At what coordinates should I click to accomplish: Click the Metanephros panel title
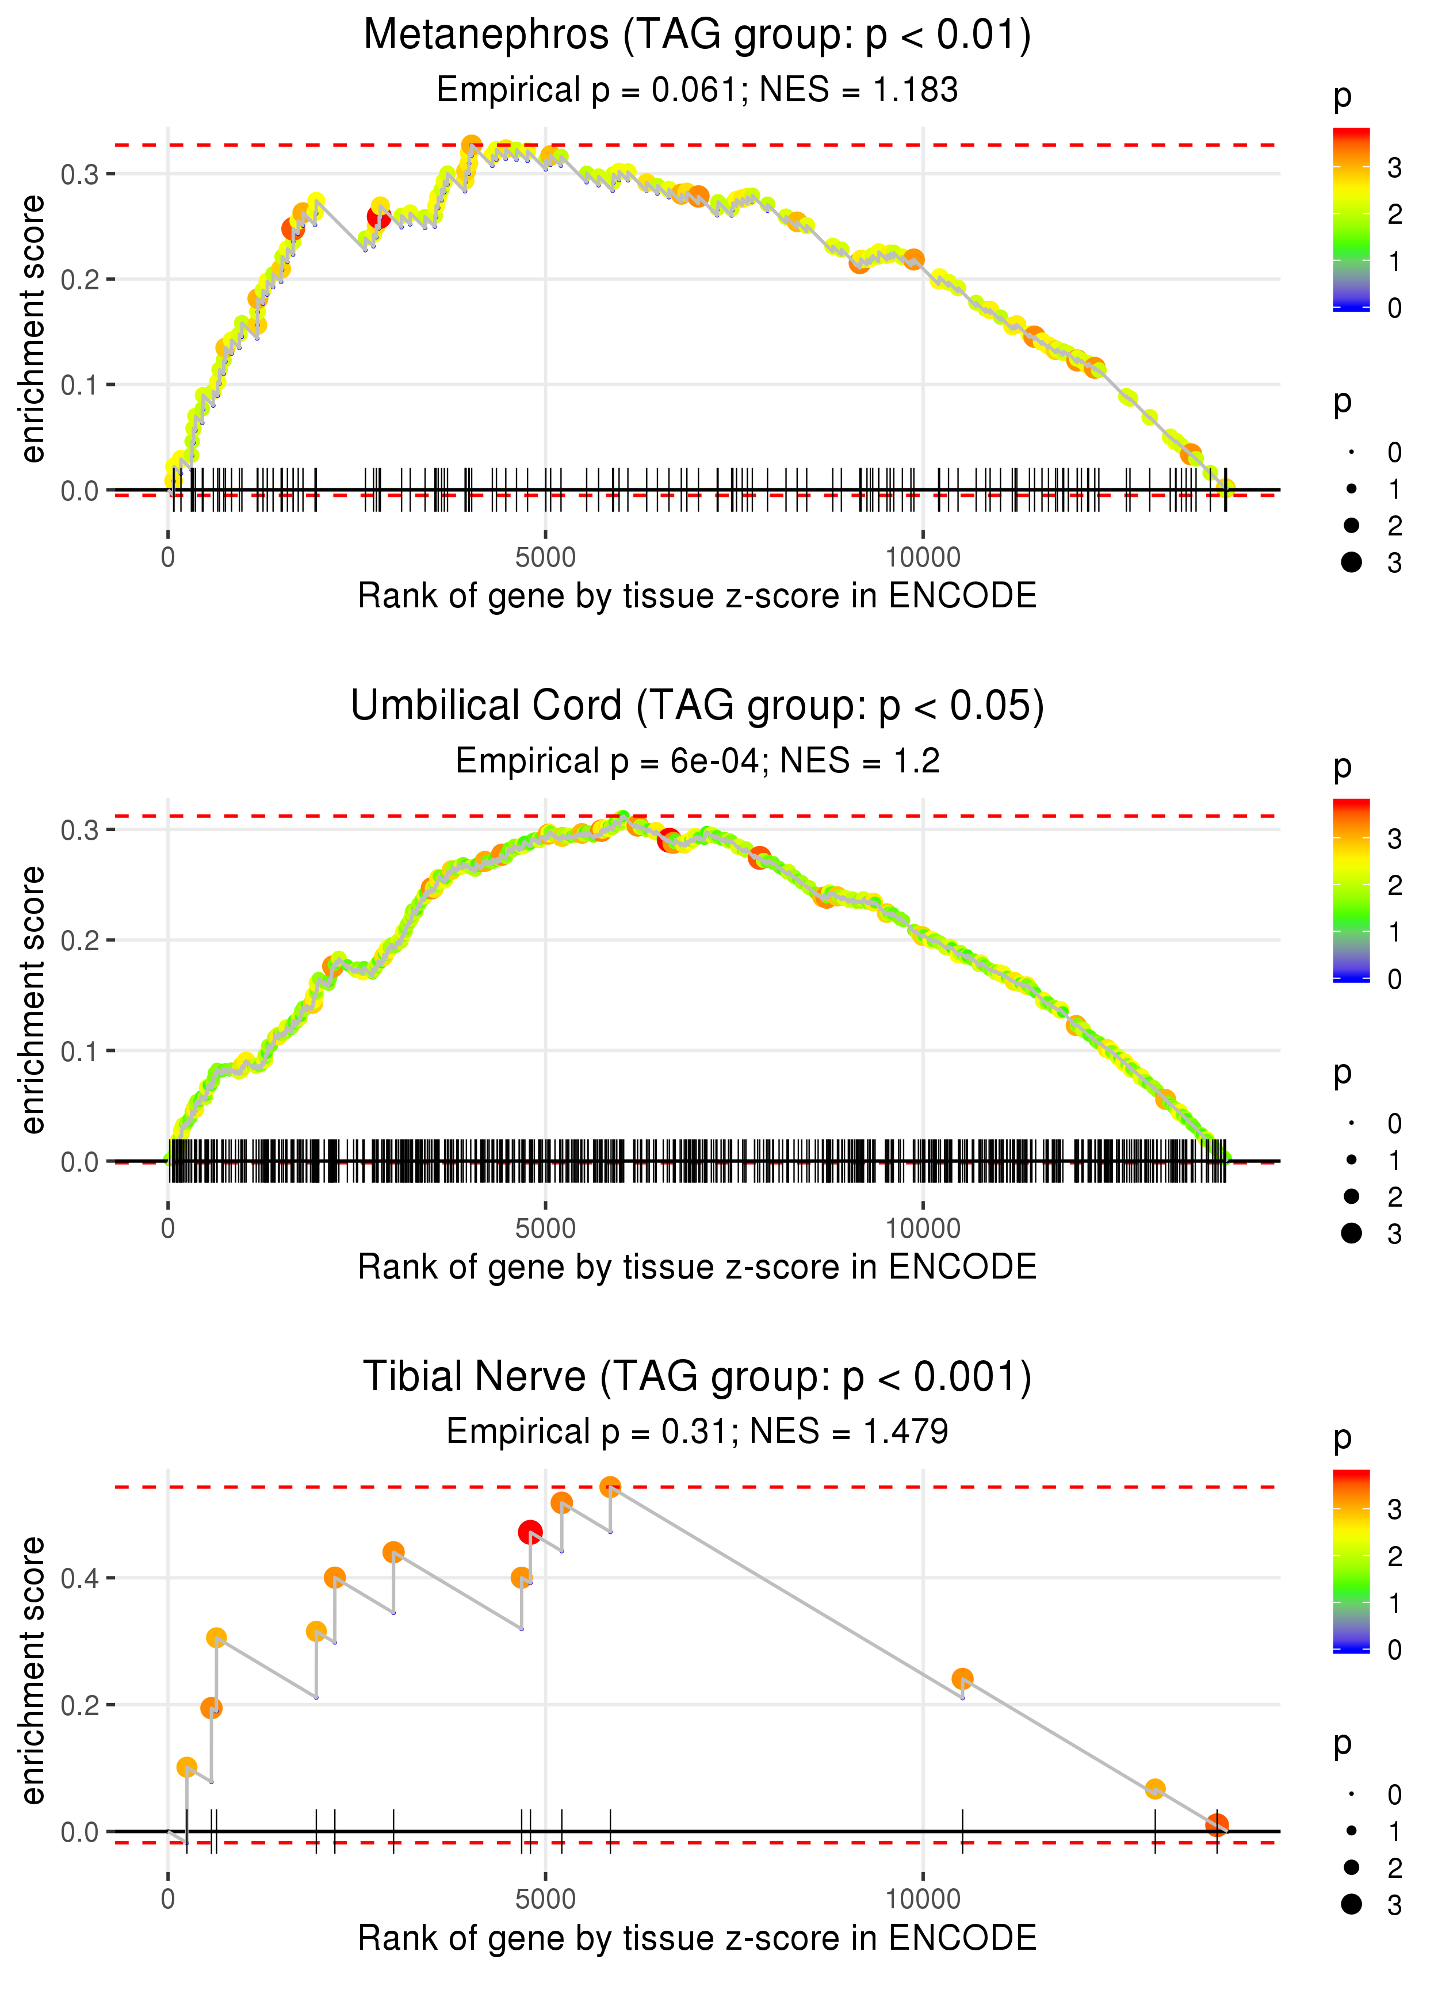point(697,36)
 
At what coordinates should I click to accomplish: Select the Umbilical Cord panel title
point(697,706)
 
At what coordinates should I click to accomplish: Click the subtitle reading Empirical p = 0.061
point(697,90)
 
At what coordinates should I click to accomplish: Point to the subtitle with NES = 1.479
point(697,1432)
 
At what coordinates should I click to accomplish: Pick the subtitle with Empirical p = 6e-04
point(697,761)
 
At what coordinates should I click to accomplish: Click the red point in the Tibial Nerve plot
point(530,1532)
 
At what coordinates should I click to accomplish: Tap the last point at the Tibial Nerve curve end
point(1217,1824)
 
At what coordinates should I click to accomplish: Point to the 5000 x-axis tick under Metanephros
point(545,558)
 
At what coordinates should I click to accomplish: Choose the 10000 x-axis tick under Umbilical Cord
point(923,1229)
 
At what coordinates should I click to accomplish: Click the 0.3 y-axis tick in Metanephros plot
point(80,174)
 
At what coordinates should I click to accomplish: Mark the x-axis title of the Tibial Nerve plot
point(697,1938)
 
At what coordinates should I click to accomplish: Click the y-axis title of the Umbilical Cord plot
point(33,1000)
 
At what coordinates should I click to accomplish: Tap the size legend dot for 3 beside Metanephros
point(1351,562)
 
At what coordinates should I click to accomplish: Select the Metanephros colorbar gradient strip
point(1351,219)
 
